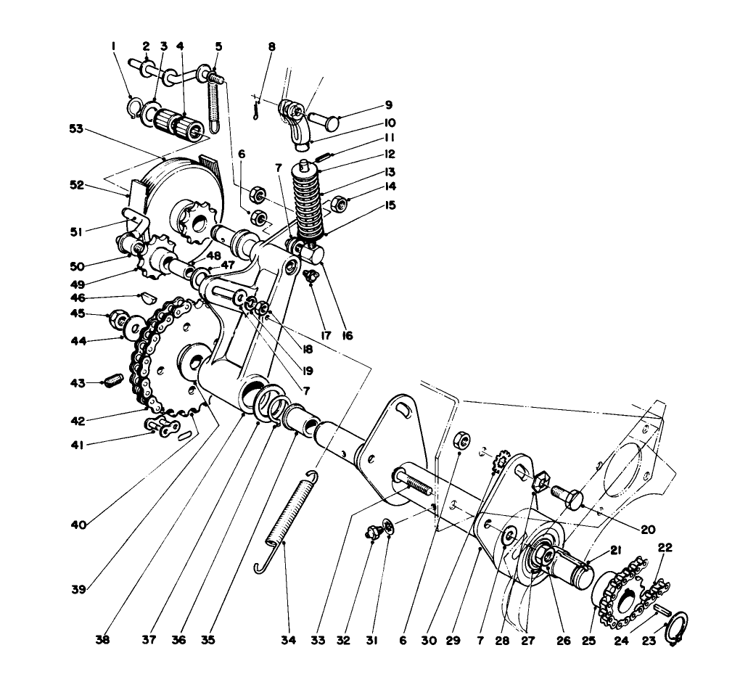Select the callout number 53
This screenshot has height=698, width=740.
click(x=76, y=128)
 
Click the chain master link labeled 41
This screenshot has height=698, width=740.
click(x=164, y=428)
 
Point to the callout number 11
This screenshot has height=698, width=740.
click(x=390, y=138)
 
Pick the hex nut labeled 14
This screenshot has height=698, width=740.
click(x=339, y=205)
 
